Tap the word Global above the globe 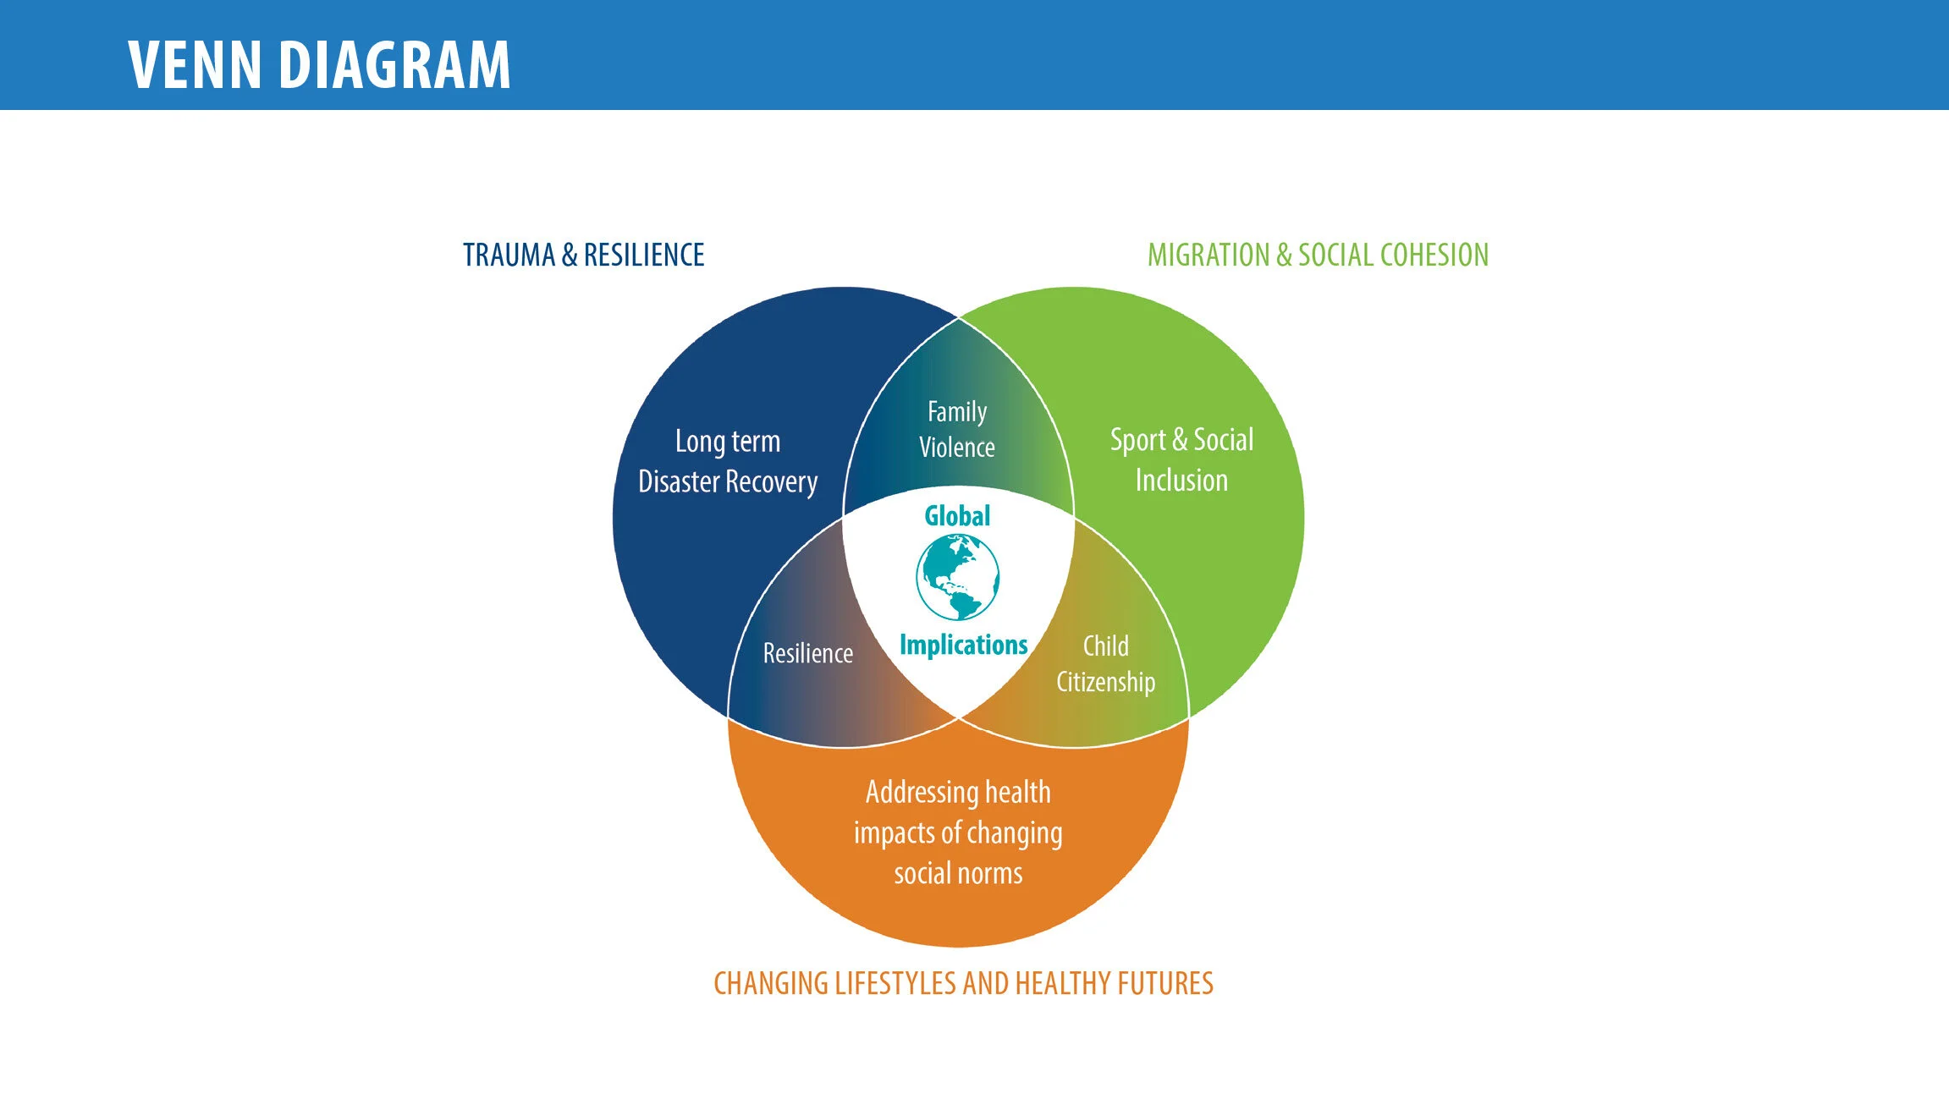[957, 516]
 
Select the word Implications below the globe [963, 645]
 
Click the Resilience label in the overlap [808, 653]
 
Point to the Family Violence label [957, 430]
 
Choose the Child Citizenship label [1105, 664]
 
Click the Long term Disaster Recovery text [728, 461]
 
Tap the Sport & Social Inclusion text [1181, 459]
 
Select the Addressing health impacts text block [958, 832]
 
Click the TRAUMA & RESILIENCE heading [583, 255]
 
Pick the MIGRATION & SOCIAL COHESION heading [1318, 255]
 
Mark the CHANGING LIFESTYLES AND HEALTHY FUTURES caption [963, 983]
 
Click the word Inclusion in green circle [1181, 481]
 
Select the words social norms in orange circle [958, 873]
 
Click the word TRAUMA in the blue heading [509, 255]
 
